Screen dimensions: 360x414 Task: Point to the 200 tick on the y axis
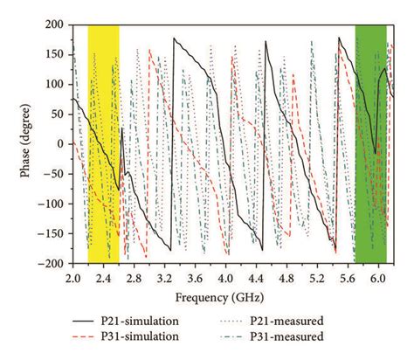click(x=54, y=25)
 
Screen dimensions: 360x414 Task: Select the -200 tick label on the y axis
click(x=51, y=263)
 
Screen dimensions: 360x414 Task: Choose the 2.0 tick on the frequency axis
click(x=72, y=276)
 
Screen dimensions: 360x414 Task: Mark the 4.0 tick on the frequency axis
click(x=225, y=276)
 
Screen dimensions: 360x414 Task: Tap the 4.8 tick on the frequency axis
click(x=286, y=276)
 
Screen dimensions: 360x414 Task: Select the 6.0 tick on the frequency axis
click(x=378, y=276)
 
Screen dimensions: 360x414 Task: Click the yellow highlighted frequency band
click(x=103, y=144)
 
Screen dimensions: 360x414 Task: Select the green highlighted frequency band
click(x=370, y=144)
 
